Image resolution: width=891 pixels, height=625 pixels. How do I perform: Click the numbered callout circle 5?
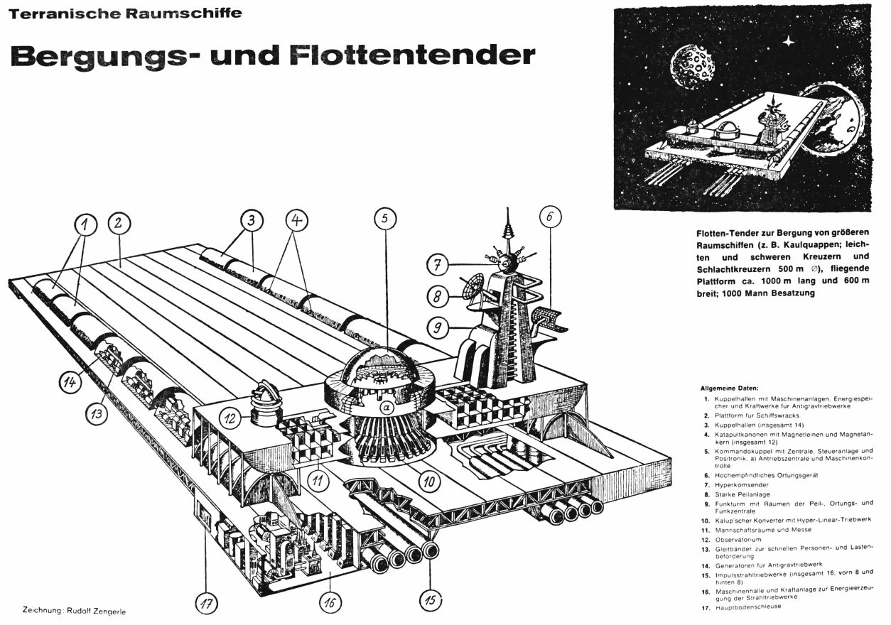pyautogui.click(x=384, y=219)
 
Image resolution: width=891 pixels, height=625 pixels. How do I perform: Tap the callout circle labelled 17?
pyautogui.click(x=206, y=604)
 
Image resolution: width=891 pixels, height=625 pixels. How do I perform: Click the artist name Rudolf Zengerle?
pyautogui.click(x=97, y=609)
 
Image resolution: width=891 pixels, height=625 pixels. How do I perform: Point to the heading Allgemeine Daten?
pyautogui.click(x=730, y=388)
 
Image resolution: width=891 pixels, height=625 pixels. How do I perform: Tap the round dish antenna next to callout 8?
pyautogui.click(x=472, y=286)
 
